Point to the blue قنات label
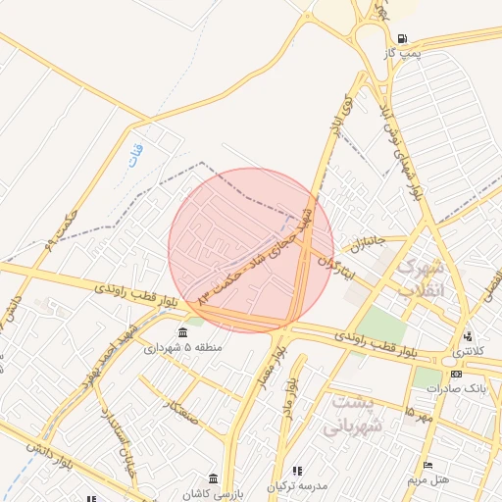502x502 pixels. [x=135, y=154]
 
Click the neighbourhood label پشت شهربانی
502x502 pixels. [x=349, y=414]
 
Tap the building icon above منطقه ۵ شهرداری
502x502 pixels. [x=183, y=334]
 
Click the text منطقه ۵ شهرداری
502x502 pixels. [x=183, y=348]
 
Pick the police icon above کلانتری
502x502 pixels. [x=467, y=336]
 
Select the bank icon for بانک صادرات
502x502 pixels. [x=455, y=374]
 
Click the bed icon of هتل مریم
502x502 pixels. [x=427, y=465]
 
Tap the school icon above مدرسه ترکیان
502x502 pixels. [x=298, y=472]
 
